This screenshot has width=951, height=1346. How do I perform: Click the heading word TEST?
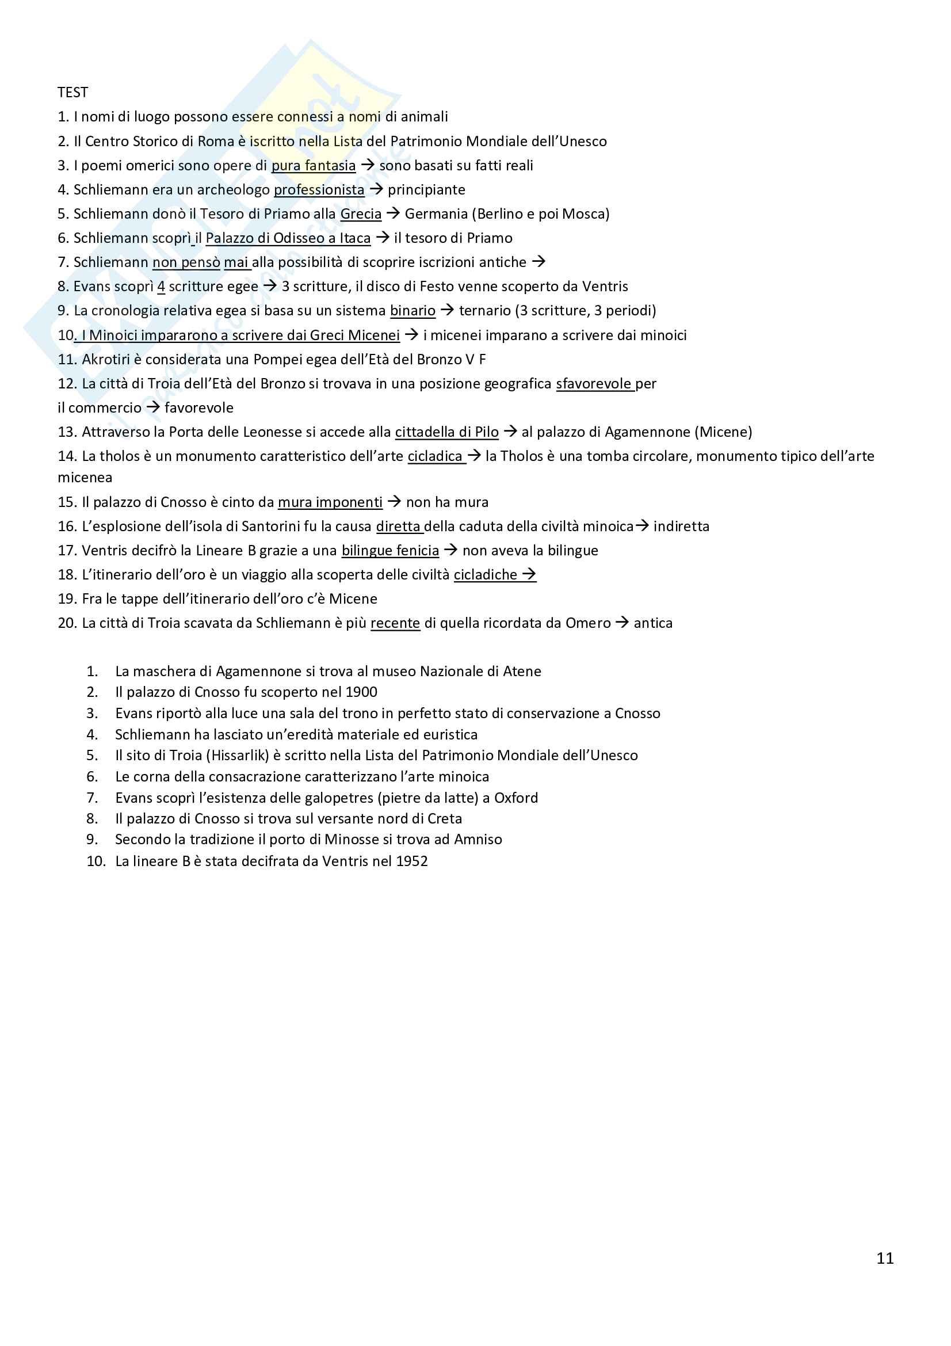(x=72, y=93)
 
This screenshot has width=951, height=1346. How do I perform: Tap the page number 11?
(x=885, y=1258)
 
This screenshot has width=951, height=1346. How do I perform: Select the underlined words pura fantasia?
(x=314, y=166)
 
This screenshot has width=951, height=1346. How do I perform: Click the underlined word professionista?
(x=319, y=190)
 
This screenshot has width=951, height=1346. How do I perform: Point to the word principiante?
(x=426, y=190)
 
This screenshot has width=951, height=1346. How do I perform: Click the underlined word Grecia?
(x=360, y=214)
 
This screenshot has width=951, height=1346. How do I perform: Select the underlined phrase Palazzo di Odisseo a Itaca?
(x=288, y=238)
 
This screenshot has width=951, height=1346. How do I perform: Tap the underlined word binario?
(x=413, y=311)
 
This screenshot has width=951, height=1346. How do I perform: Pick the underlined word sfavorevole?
(x=594, y=384)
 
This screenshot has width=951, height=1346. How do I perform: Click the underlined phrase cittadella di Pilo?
(x=446, y=432)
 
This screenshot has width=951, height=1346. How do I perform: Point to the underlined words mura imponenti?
(x=330, y=502)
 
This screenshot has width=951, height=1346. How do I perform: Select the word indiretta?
(x=681, y=527)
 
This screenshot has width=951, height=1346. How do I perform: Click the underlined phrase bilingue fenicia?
(x=390, y=551)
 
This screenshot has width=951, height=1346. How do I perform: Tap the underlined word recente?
(x=395, y=623)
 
